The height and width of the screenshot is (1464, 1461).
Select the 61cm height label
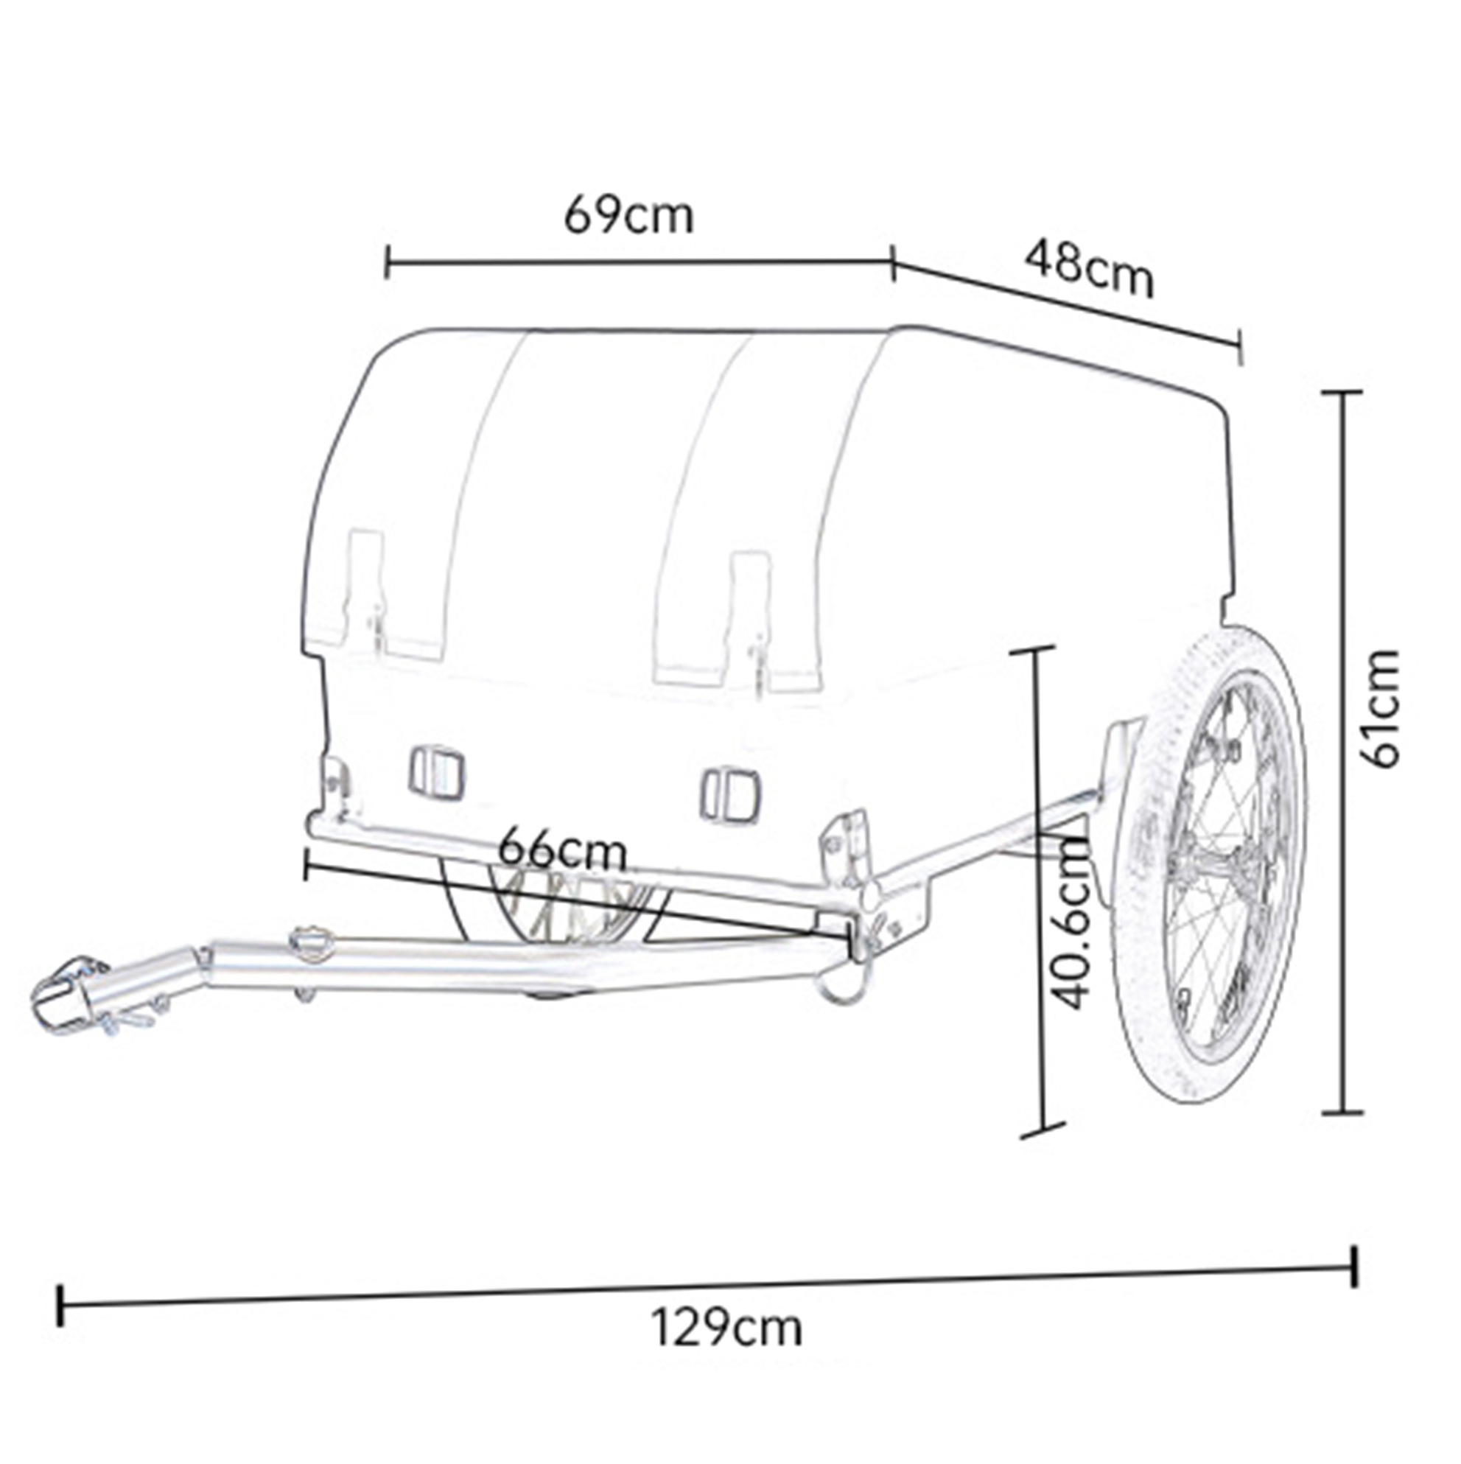1378,709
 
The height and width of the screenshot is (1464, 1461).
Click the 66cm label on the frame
563,850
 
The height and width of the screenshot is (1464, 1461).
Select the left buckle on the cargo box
435,771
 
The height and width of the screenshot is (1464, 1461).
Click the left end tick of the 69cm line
388,262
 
